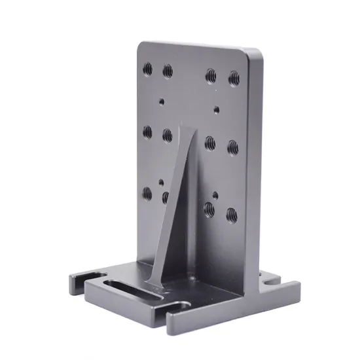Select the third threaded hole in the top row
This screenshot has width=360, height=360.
pos(211,76)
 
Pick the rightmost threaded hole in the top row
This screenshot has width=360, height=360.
pos(234,79)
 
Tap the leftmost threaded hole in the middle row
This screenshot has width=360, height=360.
pos(147,132)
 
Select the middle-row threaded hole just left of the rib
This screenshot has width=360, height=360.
pos(168,135)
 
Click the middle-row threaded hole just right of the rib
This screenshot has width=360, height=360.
pos(210,143)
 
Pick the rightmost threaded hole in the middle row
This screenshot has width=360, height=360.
pos(232,147)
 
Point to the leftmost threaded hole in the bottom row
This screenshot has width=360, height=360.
pos(147,193)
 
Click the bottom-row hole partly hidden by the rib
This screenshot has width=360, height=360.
pos(166,196)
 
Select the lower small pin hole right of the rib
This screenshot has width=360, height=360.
pos(215,195)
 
